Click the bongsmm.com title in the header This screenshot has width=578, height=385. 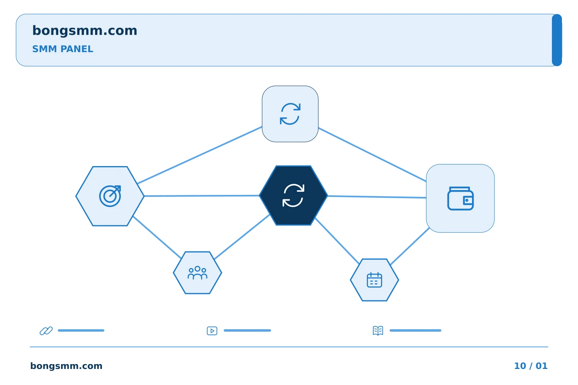85,31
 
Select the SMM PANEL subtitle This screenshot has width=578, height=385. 63,49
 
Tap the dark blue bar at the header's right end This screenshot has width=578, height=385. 557,40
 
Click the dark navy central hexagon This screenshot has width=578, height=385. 293,195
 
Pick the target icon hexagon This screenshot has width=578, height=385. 110,196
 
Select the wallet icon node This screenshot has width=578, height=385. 460,198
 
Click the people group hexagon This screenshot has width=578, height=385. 197,273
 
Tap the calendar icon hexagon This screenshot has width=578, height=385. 374,280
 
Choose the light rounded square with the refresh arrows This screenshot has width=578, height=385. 290,114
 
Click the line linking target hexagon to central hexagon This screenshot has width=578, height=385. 202,196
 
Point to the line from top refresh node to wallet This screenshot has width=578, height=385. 372,154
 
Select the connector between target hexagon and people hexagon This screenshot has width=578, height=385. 157,237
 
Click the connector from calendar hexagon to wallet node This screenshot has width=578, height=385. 410,246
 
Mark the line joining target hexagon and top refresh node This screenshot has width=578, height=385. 200,155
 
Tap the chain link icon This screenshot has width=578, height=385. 46,330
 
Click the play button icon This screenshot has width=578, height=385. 212,331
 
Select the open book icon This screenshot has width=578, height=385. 378,330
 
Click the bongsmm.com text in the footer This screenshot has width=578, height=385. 66,366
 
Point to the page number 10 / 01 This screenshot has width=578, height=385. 531,366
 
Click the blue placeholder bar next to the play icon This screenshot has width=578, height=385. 247,330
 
